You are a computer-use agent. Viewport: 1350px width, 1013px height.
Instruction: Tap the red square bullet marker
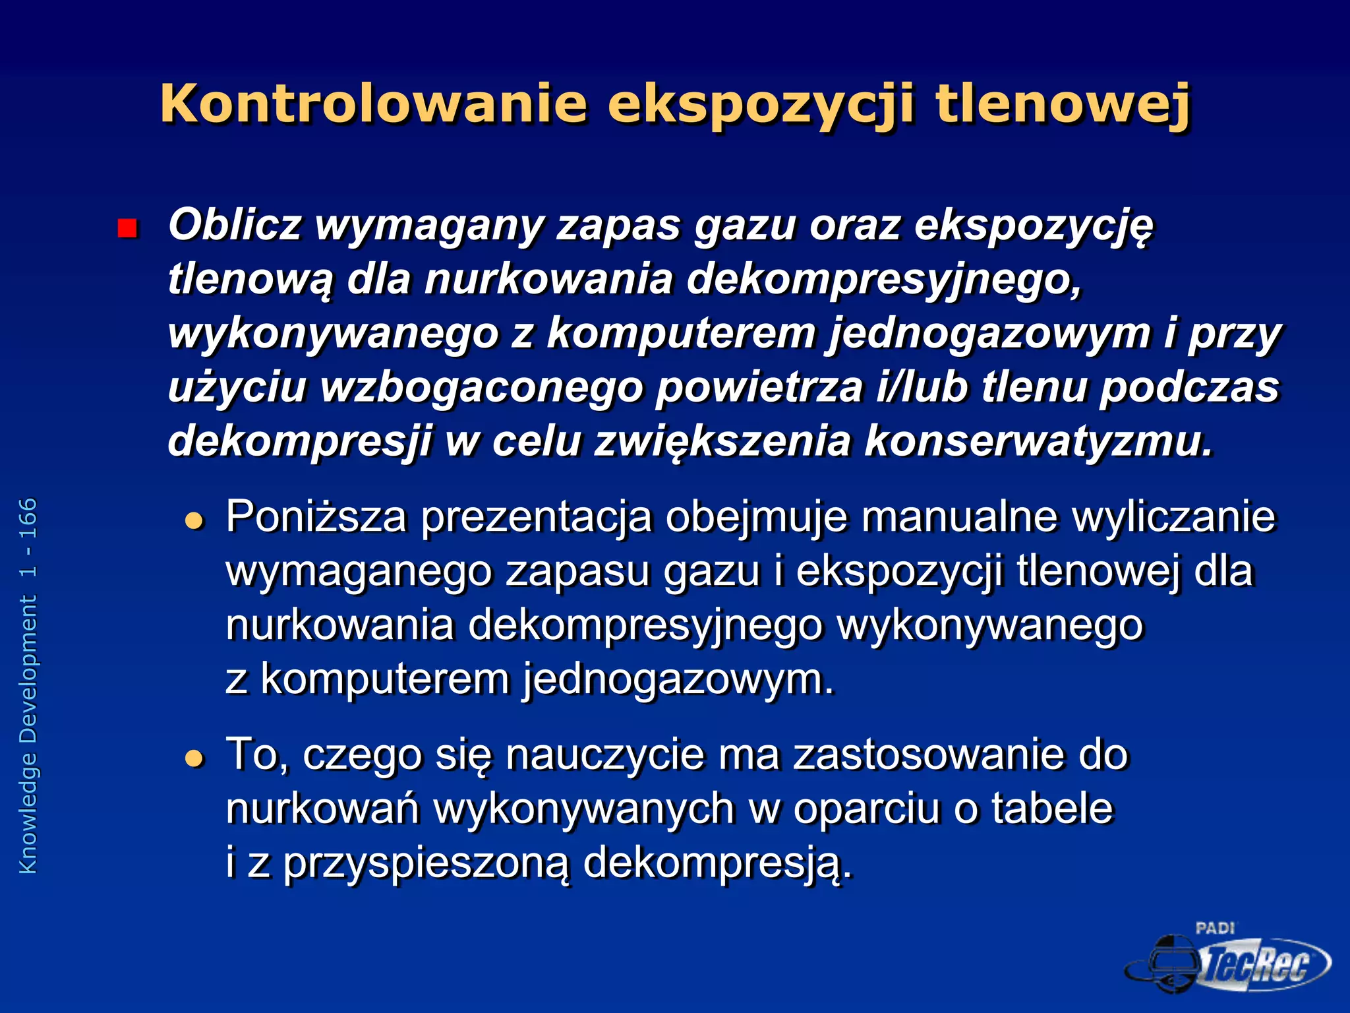click(126, 228)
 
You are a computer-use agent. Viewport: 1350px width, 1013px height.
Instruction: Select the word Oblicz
click(235, 224)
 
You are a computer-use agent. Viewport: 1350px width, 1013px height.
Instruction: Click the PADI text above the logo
click(1215, 929)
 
